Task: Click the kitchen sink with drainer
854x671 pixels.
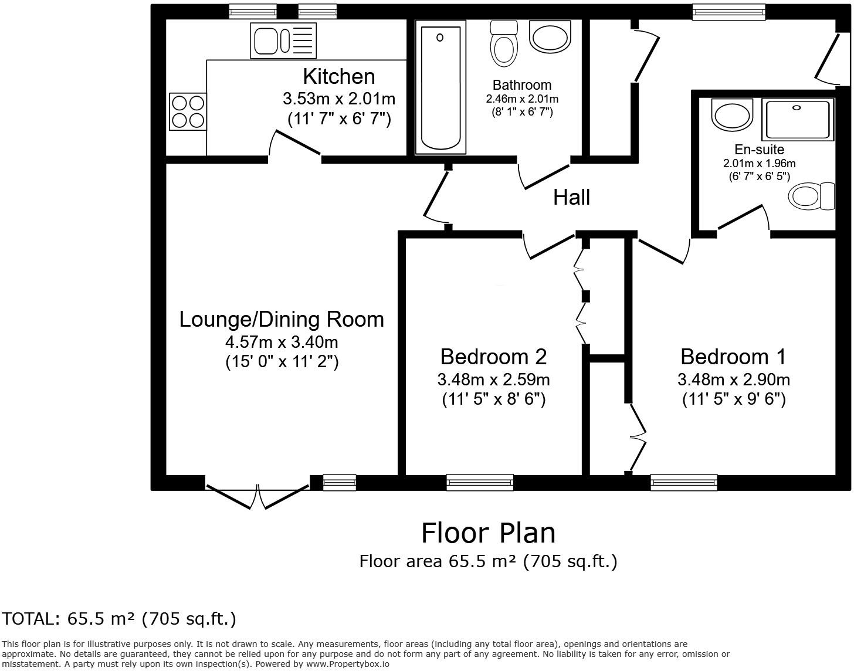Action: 283,40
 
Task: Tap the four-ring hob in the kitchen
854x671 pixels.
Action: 188,111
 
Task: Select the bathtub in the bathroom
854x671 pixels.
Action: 440,87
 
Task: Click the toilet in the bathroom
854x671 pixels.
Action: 503,43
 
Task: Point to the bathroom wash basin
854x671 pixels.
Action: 550,36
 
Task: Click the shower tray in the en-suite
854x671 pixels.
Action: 798,119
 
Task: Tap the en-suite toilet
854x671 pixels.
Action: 811,196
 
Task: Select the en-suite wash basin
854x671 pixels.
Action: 731,114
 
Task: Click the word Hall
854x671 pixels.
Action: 571,197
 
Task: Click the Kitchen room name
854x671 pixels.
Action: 339,76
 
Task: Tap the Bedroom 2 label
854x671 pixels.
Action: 493,357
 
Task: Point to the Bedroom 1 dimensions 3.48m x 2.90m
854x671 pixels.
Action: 733,379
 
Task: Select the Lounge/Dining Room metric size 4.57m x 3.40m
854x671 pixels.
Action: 282,342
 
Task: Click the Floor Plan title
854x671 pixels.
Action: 488,533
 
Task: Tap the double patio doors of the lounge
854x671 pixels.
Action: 258,496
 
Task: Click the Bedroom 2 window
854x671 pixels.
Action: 480,483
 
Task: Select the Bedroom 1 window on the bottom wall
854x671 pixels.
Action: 684,483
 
